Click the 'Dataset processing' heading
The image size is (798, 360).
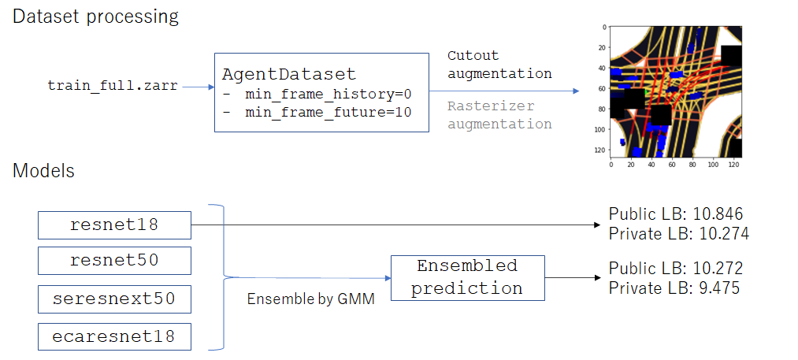point(95,17)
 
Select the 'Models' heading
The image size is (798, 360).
point(44,171)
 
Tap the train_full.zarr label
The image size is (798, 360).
point(113,86)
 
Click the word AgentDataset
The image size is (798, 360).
point(289,74)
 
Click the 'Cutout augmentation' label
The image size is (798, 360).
point(499,64)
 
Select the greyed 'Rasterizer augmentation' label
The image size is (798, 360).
point(499,115)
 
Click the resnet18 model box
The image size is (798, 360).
point(114,225)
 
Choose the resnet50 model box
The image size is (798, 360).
point(114,261)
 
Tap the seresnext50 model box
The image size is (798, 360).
point(114,299)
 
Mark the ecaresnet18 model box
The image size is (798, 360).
point(114,336)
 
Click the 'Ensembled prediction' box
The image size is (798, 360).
point(467,277)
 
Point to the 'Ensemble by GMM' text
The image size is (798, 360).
point(310,299)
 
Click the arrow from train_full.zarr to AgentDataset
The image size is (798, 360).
point(198,87)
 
